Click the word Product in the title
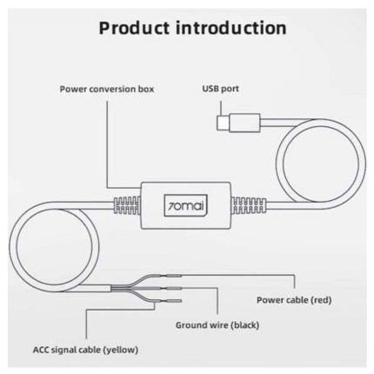coord(134,28)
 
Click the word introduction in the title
coord(231,28)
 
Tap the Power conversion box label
coord(107,89)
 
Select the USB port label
coord(220,89)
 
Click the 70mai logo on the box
coord(186,206)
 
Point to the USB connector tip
coord(223,123)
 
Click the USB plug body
coord(244,123)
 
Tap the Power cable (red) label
coord(294,300)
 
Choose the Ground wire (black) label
coord(217,325)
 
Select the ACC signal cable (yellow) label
coord(85,350)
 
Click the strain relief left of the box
coord(127,205)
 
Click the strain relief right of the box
coord(249,205)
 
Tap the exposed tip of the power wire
coord(174,276)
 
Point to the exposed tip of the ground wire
coord(174,288)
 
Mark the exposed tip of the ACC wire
coord(174,301)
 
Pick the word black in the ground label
coord(244,325)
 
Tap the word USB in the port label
coord(210,89)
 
